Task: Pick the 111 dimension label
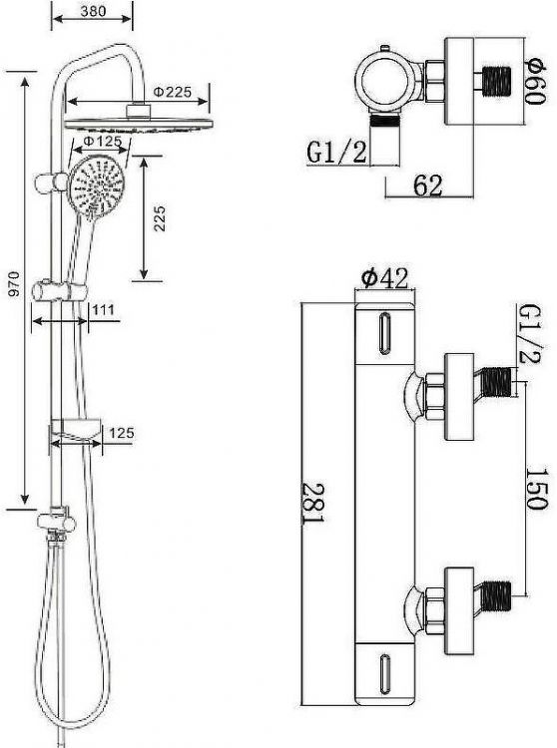103,310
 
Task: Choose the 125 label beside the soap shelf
121,433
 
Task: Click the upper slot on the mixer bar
384,334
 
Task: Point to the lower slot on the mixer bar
384,673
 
